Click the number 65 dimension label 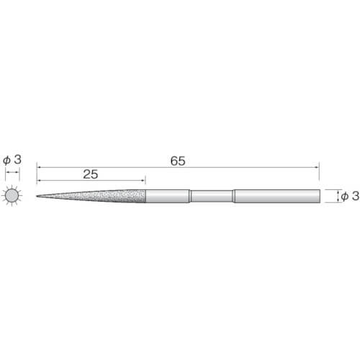click(x=178, y=161)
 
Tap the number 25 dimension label click(x=91, y=174)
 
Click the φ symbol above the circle click(x=6, y=160)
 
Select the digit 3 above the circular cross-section click(x=17, y=159)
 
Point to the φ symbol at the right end click(x=345, y=197)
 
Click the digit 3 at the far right click(x=356, y=196)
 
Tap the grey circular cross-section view click(x=12, y=196)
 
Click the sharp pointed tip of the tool click(x=37, y=197)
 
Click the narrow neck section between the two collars click(x=212, y=197)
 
